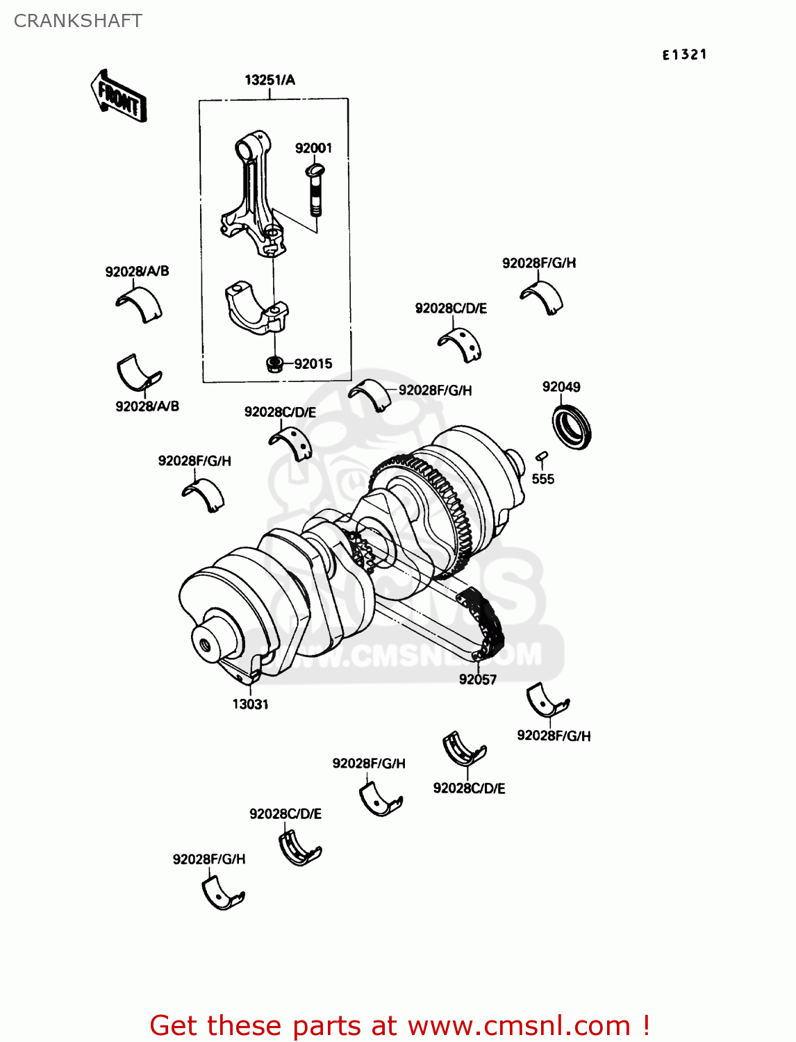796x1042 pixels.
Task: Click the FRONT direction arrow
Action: coord(119,97)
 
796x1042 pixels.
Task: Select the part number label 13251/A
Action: coord(270,80)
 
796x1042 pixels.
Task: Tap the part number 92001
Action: coord(313,148)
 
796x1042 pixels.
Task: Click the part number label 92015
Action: coord(313,364)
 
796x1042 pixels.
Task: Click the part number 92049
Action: coord(561,387)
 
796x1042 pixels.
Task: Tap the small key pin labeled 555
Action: coord(542,456)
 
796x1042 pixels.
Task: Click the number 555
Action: coord(542,479)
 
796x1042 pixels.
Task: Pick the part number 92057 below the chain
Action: coord(477,679)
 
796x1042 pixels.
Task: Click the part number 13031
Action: coord(250,704)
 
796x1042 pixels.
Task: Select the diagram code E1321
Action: coord(684,55)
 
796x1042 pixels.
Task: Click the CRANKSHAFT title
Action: coord(78,21)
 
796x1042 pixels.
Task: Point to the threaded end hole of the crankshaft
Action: coord(205,645)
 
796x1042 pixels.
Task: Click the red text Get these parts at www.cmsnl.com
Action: coord(399,1025)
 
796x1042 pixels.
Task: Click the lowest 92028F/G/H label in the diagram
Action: coord(209,859)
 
